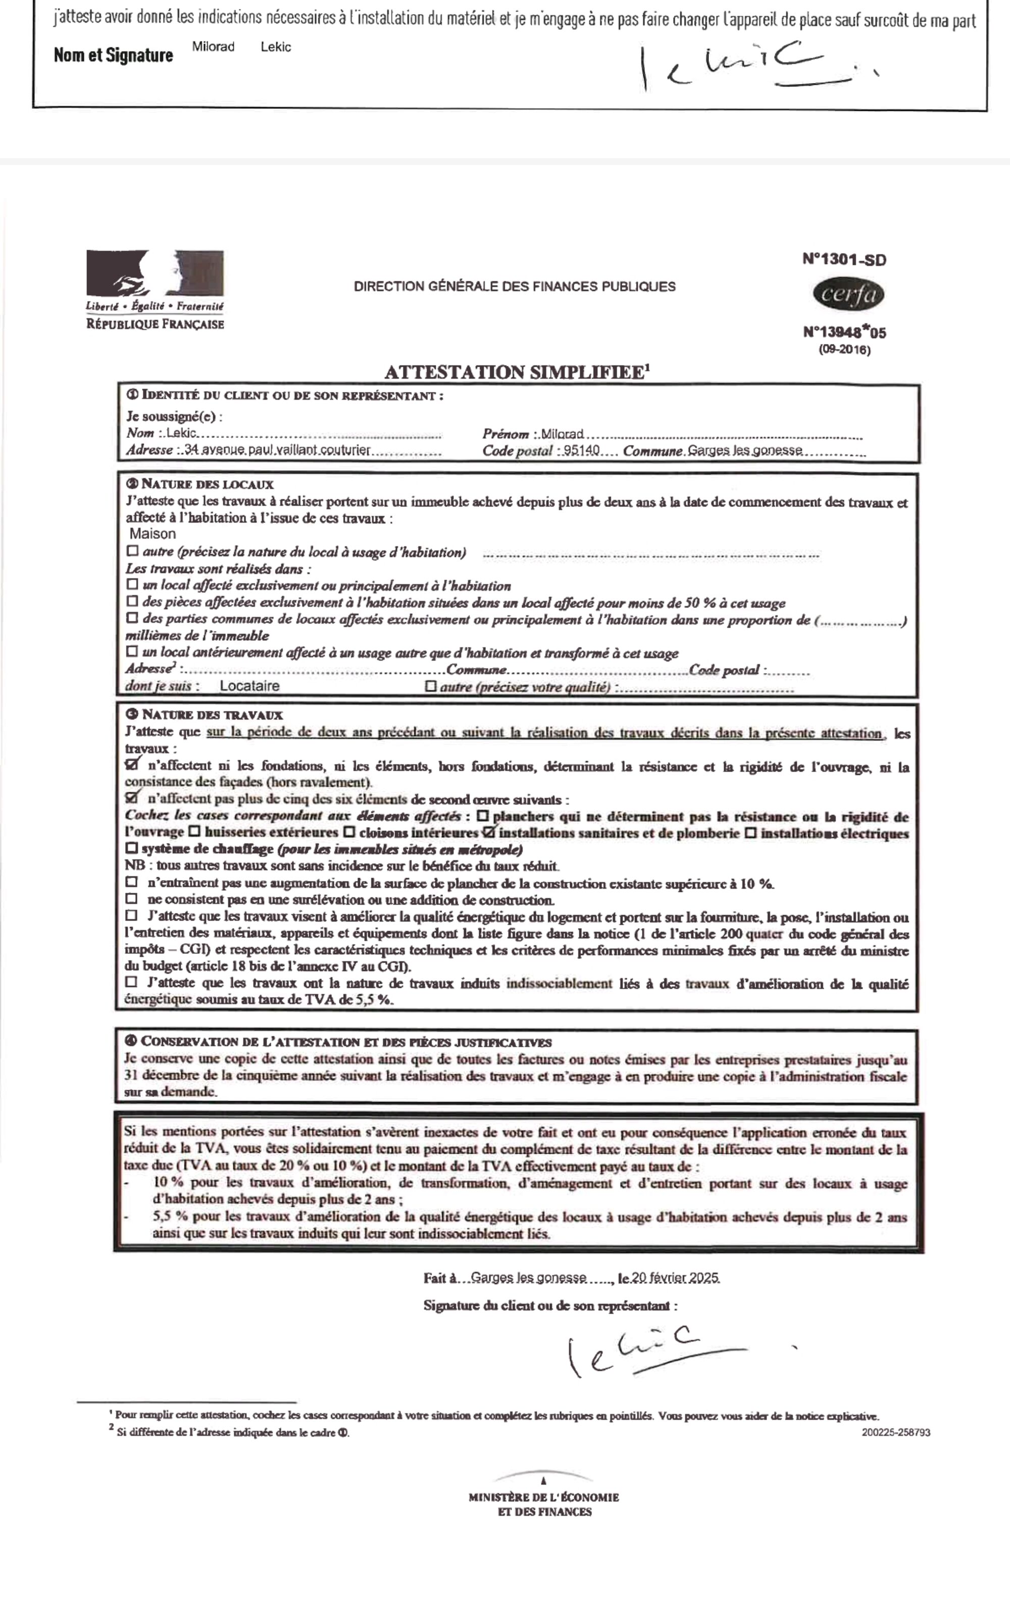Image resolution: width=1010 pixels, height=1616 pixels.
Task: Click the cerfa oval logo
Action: pyautogui.click(x=848, y=294)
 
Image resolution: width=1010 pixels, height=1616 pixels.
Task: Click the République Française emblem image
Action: pyautogui.click(x=155, y=274)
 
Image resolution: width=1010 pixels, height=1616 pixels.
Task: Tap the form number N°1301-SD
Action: pyautogui.click(x=844, y=260)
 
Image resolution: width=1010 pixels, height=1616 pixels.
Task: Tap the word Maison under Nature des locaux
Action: pyautogui.click(x=153, y=534)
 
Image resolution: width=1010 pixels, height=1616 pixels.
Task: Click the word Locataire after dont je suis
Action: pyautogui.click(x=249, y=686)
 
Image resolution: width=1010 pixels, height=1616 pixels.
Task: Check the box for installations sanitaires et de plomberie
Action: pyautogui.click(x=489, y=832)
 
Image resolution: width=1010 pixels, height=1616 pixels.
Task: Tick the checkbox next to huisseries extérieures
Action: pyautogui.click(x=194, y=832)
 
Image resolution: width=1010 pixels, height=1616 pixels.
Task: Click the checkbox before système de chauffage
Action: pyautogui.click(x=132, y=849)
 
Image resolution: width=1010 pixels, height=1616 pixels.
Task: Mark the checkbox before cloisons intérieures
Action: pyautogui.click(x=348, y=832)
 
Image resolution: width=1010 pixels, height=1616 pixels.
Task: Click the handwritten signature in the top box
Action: pyautogui.click(x=741, y=67)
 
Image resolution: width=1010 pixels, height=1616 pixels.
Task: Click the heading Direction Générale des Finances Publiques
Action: pyautogui.click(x=515, y=286)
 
